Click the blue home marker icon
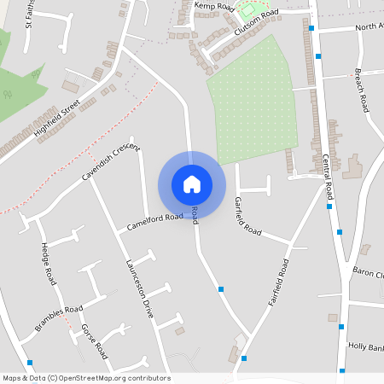click(x=192, y=184)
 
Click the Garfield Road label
click(x=247, y=215)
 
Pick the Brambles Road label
click(x=59, y=315)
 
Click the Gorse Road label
click(x=94, y=340)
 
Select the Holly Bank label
click(x=366, y=346)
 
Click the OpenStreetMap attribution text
click(x=85, y=378)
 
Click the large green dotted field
click(x=253, y=100)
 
